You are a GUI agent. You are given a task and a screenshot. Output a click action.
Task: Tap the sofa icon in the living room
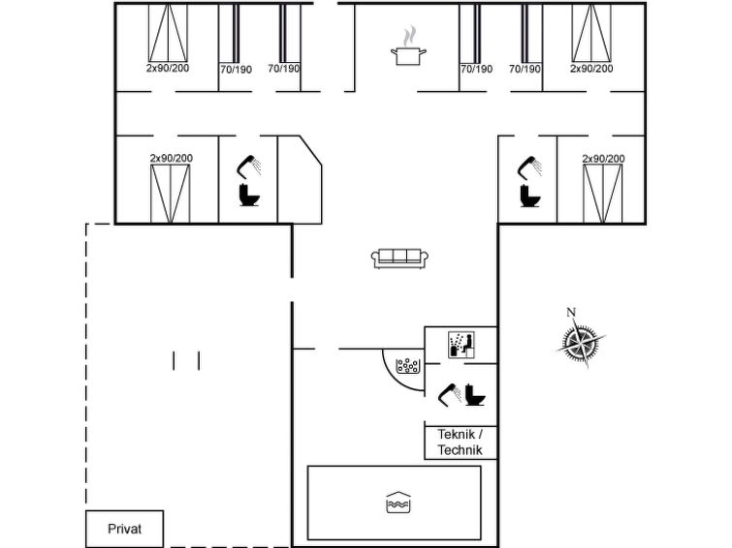pyautogui.click(x=400, y=259)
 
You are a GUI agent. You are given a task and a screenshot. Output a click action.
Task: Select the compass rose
pyautogui.click(x=581, y=343)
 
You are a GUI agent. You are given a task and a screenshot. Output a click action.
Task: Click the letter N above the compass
pyautogui.click(x=571, y=313)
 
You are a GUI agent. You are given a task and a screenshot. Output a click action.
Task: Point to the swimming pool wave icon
pyautogui.click(x=398, y=502)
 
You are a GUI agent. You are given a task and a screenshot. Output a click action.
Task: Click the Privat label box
pyautogui.click(x=125, y=529)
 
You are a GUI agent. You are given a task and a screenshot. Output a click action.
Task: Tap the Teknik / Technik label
pyautogui.click(x=461, y=442)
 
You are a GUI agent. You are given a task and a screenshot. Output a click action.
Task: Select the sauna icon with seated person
pyautogui.click(x=461, y=345)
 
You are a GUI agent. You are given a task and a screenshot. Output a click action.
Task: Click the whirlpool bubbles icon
pyautogui.click(x=408, y=366)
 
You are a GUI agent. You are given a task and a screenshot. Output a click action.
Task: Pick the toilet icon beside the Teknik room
pyautogui.click(x=475, y=395)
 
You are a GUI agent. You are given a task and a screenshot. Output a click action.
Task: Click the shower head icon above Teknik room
pyautogui.click(x=449, y=395)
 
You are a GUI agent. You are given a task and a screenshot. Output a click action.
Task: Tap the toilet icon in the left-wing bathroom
pyautogui.click(x=249, y=195)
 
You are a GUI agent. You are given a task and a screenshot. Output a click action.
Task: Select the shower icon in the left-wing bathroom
pyautogui.click(x=249, y=167)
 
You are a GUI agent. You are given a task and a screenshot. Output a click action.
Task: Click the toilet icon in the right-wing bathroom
pyautogui.click(x=530, y=196)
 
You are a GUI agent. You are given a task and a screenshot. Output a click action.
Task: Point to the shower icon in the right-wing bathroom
pyautogui.click(x=530, y=167)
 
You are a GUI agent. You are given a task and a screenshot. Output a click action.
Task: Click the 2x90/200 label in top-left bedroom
pyautogui.click(x=168, y=68)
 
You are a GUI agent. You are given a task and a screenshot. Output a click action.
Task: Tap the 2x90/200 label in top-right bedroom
pyautogui.click(x=591, y=69)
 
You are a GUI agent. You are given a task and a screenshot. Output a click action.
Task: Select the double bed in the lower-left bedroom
pyautogui.click(x=170, y=194)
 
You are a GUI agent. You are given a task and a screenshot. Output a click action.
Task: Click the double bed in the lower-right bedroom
pyautogui.click(x=603, y=194)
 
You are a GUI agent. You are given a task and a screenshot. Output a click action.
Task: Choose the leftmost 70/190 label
pyautogui.click(x=236, y=70)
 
